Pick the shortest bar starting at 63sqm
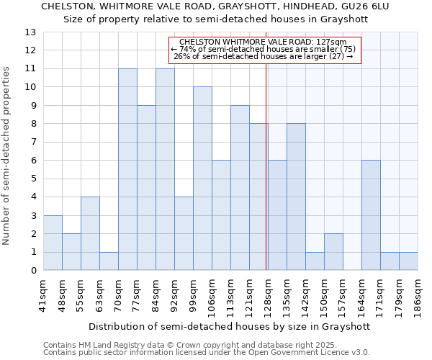[109, 261]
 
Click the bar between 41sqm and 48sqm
[53, 243]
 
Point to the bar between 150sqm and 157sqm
[333, 252]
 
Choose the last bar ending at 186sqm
[408, 261]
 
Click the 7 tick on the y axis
[33, 142]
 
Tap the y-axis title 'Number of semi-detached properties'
[7, 155]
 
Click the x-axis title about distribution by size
[230, 326]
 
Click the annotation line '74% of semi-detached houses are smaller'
[264, 49]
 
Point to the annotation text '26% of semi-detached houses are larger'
[264, 56]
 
